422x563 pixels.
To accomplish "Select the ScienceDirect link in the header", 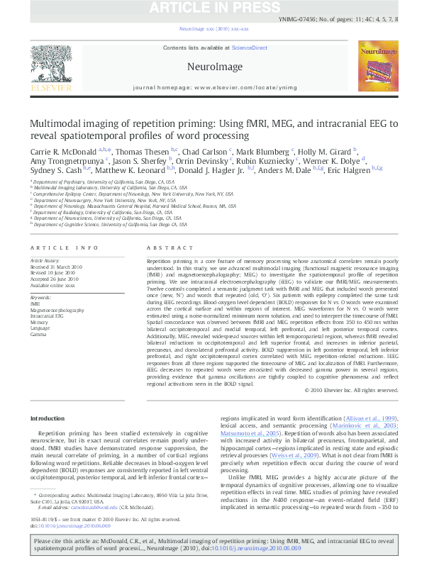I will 248,48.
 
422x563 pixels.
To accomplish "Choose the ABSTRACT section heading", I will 165,247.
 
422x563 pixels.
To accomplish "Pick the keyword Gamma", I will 38,333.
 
